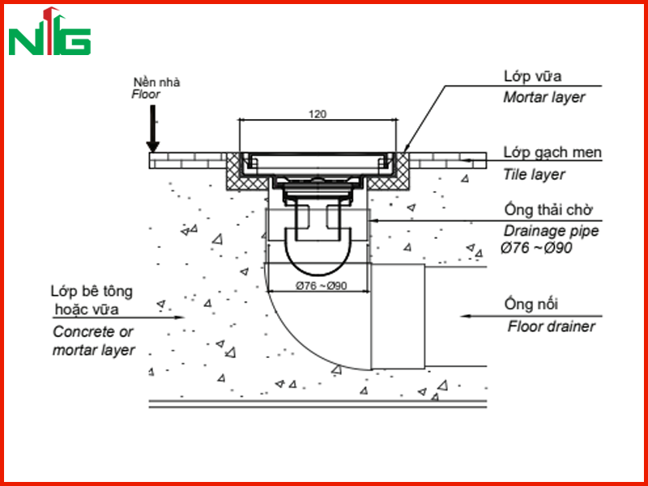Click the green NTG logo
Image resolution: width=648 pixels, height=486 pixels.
[49, 32]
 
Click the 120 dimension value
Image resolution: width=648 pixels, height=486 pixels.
[318, 113]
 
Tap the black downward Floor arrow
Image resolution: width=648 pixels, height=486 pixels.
[153, 129]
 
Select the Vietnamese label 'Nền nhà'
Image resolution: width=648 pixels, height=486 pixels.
[156, 82]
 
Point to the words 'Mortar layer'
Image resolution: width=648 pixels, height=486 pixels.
[544, 97]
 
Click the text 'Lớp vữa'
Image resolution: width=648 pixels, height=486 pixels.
[532, 76]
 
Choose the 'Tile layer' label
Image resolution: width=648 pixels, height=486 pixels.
[534, 174]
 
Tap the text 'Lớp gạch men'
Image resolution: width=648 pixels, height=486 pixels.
[552, 152]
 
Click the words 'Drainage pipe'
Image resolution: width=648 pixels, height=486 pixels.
[551, 231]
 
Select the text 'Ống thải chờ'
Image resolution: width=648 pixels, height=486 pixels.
[548, 210]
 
